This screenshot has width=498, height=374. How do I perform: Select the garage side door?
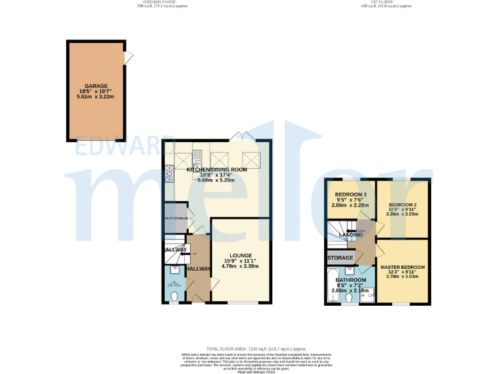click(129, 57)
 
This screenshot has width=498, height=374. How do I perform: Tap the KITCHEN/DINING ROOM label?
click(217, 169)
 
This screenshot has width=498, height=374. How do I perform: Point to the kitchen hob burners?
click(170, 173)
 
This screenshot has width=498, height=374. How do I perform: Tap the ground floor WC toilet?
click(173, 297)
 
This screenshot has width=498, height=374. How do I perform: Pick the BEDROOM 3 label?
click(350, 195)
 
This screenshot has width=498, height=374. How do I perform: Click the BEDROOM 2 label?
click(403, 205)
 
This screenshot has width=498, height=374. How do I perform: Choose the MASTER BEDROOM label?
click(403, 268)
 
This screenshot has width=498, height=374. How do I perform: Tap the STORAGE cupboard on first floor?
click(340, 258)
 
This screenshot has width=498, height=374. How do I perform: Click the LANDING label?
click(350, 235)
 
